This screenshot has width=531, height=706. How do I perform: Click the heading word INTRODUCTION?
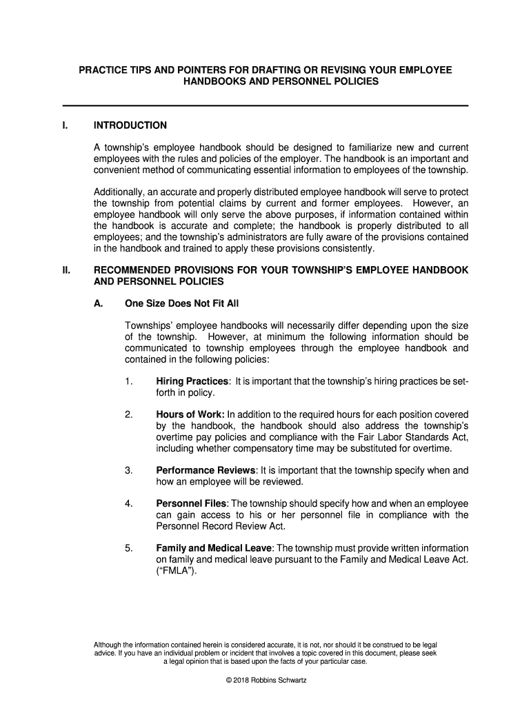[130, 125]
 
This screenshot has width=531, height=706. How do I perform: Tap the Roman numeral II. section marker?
[67, 270]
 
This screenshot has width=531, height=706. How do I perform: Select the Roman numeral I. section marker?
[65, 125]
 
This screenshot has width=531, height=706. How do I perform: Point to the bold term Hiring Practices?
[192, 381]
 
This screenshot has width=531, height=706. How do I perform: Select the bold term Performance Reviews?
[206, 470]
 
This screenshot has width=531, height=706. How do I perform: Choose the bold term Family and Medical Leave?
[214, 547]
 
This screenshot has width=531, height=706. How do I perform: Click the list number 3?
[129, 470]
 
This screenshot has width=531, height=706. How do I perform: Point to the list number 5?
[129, 547]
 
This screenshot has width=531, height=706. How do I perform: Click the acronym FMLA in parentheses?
[177, 570]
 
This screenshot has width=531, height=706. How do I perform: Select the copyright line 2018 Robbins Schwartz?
[266, 680]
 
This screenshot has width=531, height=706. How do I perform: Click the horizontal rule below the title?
[265, 105]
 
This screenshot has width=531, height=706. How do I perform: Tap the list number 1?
[129, 381]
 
